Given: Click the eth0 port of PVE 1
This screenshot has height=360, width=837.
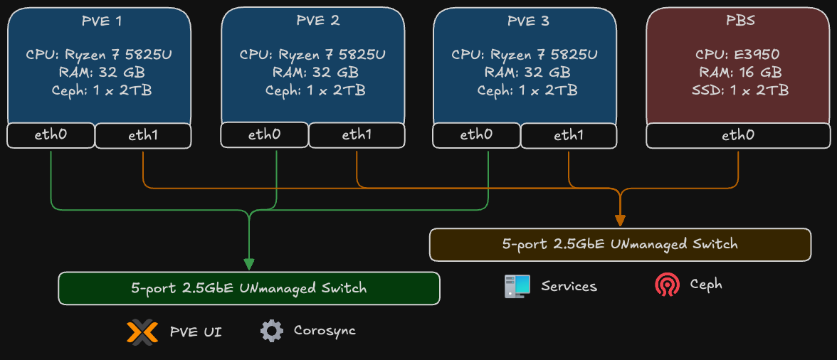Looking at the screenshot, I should pyautogui.click(x=51, y=135).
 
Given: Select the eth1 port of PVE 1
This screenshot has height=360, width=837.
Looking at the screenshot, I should pyautogui.click(x=143, y=136).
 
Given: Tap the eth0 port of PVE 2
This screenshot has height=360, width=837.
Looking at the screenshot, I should pyautogui.click(x=264, y=134).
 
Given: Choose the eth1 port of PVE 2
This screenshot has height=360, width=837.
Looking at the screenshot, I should pyautogui.click(x=357, y=135).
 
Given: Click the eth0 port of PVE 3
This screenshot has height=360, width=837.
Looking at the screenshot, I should pyautogui.click(x=476, y=134).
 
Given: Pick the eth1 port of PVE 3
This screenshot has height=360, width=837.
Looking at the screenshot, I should pyautogui.click(x=569, y=135).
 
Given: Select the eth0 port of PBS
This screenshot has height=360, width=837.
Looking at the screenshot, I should pyautogui.click(x=738, y=135).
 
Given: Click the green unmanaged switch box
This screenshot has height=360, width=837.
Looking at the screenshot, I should pyautogui.click(x=249, y=288).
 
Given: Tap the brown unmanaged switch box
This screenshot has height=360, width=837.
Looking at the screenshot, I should pyautogui.click(x=620, y=244).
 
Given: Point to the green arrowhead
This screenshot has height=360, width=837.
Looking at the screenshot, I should pyautogui.click(x=249, y=264).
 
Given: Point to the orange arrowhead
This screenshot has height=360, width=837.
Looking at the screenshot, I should pyautogui.click(x=620, y=220).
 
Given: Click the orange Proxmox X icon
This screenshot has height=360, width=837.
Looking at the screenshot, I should pyautogui.click(x=142, y=332).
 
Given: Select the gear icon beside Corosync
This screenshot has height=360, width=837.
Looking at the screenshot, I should pyautogui.click(x=271, y=331).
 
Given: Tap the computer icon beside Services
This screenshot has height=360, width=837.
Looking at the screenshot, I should pyautogui.click(x=517, y=286).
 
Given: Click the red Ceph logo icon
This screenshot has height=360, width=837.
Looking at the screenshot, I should pyautogui.click(x=667, y=285).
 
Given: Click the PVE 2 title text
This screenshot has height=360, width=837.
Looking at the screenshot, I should pyautogui.click(x=317, y=21).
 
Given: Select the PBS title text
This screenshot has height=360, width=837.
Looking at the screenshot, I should pyautogui.click(x=737, y=21).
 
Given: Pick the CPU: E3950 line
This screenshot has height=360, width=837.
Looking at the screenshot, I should pyautogui.click(x=737, y=55).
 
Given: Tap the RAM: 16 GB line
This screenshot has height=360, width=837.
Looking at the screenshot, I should pyautogui.click(x=737, y=73).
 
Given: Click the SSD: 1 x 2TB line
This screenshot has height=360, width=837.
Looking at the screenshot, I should pyautogui.click(x=737, y=90).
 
